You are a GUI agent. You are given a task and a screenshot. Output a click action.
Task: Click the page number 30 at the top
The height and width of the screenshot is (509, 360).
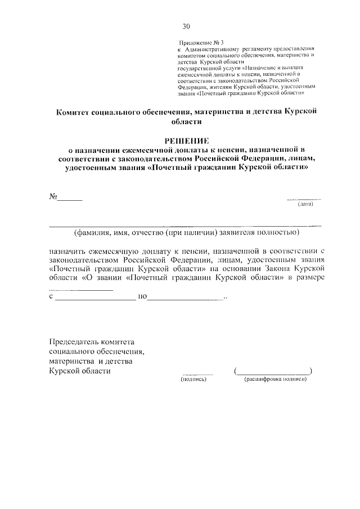(x=186, y=25)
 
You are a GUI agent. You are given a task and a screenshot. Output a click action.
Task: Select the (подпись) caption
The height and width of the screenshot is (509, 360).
(x=194, y=380)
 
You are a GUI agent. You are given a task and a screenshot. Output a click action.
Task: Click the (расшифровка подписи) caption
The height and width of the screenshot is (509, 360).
(x=275, y=380)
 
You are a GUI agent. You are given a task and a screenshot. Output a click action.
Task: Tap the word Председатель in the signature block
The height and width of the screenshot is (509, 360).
(x=73, y=342)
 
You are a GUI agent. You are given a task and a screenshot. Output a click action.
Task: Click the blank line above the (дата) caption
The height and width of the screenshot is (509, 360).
(x=304, y=200)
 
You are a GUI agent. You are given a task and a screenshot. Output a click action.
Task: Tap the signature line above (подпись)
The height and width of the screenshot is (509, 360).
(x=197, y=374)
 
